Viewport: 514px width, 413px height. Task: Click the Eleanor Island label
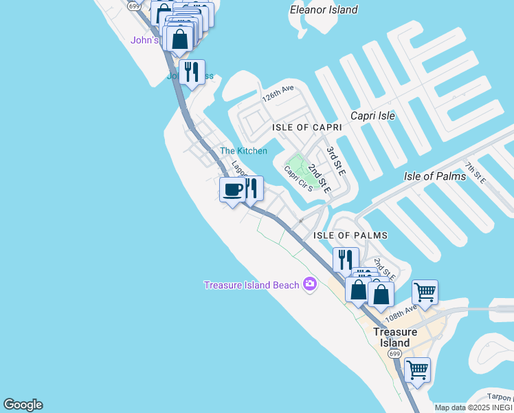(x=324, y=10)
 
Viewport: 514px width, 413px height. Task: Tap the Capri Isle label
(x=372, y=116)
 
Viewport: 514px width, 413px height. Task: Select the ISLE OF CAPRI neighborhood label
(x=306, y=128)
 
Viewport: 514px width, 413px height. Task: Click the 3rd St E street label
(x=335, y=159)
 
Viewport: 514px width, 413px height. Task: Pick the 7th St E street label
(x=475, y=173)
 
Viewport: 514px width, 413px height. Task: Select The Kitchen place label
(x=243, y=151)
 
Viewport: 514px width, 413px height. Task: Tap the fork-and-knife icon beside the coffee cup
(x=252, y=187)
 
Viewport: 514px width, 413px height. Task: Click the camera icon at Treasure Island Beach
(x=309, y=284)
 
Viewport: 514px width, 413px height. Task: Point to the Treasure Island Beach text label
(x=252, y=285)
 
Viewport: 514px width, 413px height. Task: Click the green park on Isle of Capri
(x=298, y=165)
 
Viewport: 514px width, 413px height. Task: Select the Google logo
(x=23, y=405)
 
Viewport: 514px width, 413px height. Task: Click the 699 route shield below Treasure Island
(x=394, y=353)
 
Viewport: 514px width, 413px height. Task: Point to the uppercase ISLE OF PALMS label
(x=350, y=235)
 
